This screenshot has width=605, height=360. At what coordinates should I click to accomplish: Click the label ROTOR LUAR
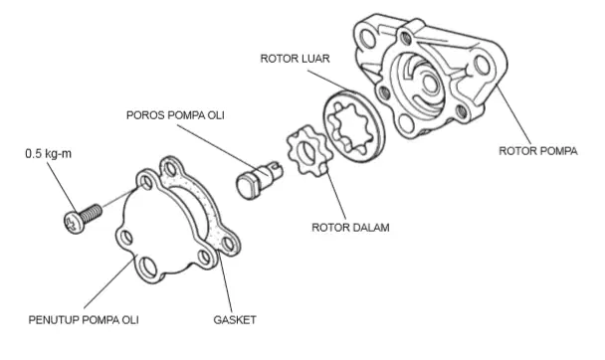coord(295,59)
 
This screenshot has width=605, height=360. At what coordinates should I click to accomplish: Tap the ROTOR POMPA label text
coord(538,151)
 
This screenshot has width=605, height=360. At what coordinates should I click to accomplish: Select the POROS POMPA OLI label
coord(175,115)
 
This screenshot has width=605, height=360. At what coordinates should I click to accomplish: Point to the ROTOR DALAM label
coord(350,228)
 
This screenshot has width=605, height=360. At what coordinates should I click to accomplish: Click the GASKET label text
coord(235,320)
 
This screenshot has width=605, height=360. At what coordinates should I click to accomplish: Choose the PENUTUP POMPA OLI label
coord(84,320)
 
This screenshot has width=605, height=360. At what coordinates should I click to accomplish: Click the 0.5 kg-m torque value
coord(48,154)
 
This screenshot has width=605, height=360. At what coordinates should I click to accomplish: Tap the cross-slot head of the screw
coord(74,223)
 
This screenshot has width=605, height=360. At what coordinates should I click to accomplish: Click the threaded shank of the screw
coord(92,213)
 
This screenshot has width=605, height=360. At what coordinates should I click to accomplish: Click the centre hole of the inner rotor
coord(307,152)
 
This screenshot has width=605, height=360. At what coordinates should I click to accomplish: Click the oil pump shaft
coord(259,180)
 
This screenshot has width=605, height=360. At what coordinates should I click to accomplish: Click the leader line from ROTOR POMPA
coord(513,115)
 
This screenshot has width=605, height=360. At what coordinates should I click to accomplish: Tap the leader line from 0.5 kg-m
coord(62,187)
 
